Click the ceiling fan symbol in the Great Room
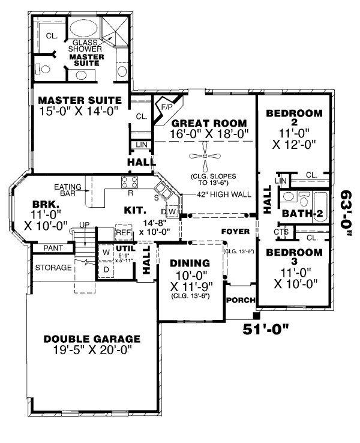(x=205, y=156)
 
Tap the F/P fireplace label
(x=167, y=107)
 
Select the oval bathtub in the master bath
(x=83, y=29)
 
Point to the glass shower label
(x=85, y=46)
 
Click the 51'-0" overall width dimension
(x=266, y=329)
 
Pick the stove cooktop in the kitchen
(x=130, y=182)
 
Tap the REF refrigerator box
(x=124, y=232)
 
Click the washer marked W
(x=106, y=252)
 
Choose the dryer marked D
(x=106, y=270)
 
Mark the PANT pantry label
(x=53, y=248)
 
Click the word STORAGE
(x=53, y=267)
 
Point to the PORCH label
(x=241, y=300)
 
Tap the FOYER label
(x=235, y=231)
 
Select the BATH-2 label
(x=302, y=213)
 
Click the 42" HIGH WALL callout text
(x=224, y=194)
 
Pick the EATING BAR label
(x=68, y=190)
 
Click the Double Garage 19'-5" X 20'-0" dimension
(x=92, y=351)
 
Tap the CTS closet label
(x=281, y=232)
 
